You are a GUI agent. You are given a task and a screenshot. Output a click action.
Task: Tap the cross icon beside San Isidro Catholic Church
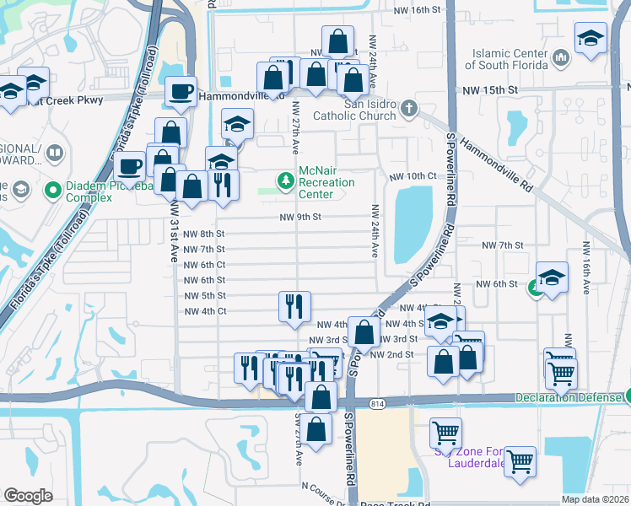[x=409, y=107]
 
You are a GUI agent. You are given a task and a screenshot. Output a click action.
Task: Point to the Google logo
[x=28, y=495]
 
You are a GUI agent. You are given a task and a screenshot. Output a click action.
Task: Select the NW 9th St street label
[x=301, y=217]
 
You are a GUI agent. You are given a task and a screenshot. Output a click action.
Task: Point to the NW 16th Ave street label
[x=585, y=266]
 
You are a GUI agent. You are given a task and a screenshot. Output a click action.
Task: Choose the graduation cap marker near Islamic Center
[x=591, y=38]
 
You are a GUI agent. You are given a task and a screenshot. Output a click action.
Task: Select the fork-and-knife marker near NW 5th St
[x=294, y=306]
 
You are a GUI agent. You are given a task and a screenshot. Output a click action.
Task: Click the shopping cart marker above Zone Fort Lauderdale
[x=445, y=433]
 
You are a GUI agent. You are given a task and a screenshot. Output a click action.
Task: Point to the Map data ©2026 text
[x=595, y=499]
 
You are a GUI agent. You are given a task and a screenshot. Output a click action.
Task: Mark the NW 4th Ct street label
[x=205, y=311]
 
